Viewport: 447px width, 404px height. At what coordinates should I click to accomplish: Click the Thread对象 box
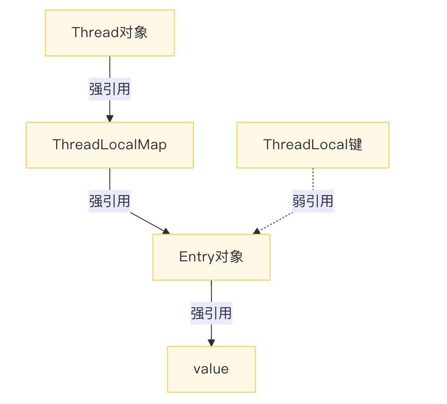click(110, 33)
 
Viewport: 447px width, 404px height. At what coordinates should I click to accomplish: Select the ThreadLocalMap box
click(110, 145)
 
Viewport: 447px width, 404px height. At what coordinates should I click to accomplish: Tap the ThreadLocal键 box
click(313, 145)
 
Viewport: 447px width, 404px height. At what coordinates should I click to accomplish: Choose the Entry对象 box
click(211, 257)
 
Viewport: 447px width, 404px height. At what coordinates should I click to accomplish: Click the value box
click(211, 369)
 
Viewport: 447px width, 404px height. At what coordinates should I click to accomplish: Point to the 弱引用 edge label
click(313, 201)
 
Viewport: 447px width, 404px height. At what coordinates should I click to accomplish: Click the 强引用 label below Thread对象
click(110, 89)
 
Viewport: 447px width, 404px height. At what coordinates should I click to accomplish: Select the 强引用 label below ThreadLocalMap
click(110, 201)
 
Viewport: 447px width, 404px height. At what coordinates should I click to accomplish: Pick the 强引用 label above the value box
click(211, 313)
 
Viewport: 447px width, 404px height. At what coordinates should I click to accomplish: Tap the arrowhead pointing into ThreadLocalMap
click(110, 119)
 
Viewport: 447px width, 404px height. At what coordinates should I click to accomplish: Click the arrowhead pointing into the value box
click(211, 343)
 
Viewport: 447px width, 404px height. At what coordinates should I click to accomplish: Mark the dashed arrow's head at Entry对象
click(257, 232)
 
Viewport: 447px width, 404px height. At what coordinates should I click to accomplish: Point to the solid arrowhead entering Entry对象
click(166, 231)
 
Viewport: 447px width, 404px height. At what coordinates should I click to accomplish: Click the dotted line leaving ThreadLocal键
click(313, 179)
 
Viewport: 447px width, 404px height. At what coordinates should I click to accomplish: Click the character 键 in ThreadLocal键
click(356, 145)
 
